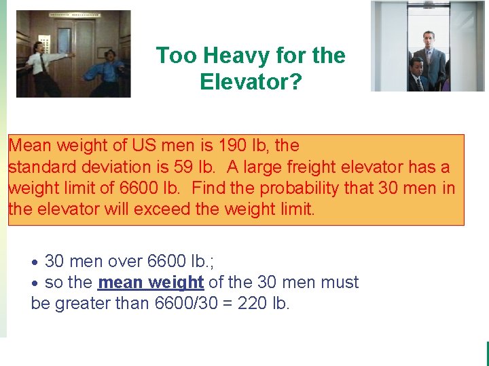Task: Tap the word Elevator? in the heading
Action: point(251,82)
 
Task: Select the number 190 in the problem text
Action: point(232,146)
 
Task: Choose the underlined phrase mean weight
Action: point(151,282)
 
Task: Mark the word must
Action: point(340,282)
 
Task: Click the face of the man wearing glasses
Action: point(416,67)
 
